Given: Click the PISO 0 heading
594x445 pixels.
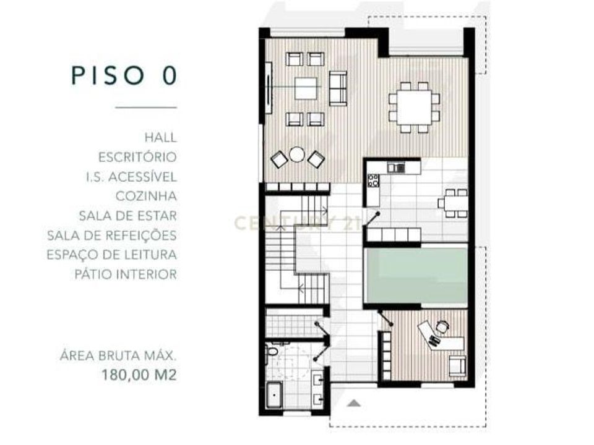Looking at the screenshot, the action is coord(124,75).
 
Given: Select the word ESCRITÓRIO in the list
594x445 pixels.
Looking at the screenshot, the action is coord(137,157).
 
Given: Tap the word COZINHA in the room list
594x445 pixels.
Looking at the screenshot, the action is coord(146,196).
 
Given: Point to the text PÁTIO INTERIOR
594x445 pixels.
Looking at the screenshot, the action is coord(126,274).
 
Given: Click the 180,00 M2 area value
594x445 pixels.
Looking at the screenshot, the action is coord(139,375).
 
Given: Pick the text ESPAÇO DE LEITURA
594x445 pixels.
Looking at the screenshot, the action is coord(112,255).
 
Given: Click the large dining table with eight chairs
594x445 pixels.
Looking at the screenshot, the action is coord(414,108).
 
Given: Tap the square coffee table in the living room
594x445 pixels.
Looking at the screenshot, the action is coord(305,88).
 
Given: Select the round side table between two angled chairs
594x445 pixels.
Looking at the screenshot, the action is coord(296,155).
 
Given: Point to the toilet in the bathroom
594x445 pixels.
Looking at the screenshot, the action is coord(272,351).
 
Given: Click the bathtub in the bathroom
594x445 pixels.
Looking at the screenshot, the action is coord(273,394).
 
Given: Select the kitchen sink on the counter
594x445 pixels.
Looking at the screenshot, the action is coord(396,167).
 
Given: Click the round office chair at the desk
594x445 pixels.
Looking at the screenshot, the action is coord(441,326).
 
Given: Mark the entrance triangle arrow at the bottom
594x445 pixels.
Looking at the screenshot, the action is coord(354,403).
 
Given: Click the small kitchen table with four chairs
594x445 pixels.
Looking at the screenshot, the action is coord(453,203).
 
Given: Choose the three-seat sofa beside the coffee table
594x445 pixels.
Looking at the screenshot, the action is coord(338,88).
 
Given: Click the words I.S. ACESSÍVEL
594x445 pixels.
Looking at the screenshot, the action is coord(131,177).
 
